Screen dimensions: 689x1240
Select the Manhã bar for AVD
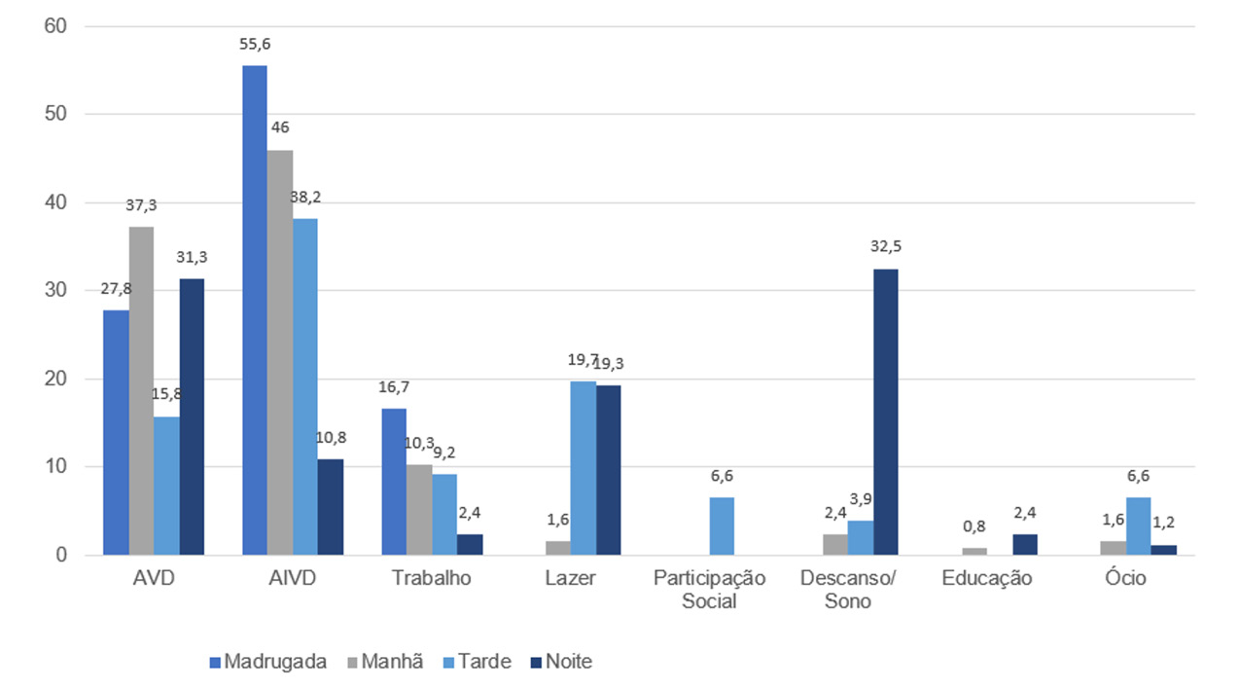tap(141, 390)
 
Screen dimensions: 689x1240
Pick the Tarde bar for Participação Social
tap(723, 526)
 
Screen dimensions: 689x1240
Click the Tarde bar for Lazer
tap(583, 468)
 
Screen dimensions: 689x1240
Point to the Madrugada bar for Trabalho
tap(394, 482)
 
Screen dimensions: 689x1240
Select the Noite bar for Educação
tap(1025, 545)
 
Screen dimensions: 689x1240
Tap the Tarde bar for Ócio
tap(1139, 526)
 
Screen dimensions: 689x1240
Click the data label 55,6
tap(255, 45)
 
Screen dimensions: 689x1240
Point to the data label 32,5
tap(885, 246)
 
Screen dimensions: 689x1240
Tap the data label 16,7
tap(394, 387)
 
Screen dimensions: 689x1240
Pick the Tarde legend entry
tap(476, 662)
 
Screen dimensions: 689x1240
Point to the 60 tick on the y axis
tap(54, 26)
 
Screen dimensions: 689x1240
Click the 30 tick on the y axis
tap(54, 290)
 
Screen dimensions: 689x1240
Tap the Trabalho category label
tap(431, 578)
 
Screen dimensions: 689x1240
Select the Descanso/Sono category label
tap(848, 590)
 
